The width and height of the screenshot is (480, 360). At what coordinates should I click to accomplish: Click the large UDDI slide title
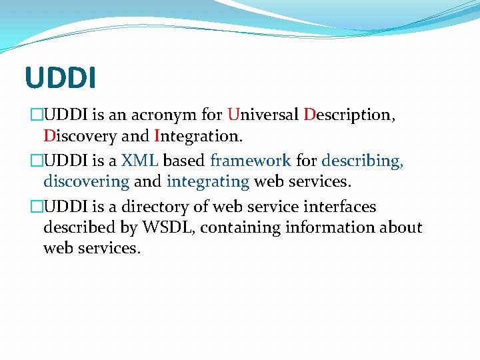pos(61,77)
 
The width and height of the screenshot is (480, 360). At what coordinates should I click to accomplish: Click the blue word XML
pos(139,161)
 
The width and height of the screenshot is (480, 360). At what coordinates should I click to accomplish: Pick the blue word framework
pos(250,161)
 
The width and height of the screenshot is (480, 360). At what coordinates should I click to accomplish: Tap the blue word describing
pos(362,161)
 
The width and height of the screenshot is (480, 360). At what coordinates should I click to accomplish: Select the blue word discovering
pos(86,181)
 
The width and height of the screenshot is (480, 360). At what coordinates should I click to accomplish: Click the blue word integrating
pos(208,181)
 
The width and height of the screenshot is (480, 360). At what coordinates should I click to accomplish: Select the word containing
pos(240,228)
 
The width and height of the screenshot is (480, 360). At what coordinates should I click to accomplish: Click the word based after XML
pos(183,161)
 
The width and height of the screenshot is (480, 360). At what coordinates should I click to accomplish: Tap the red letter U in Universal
pos(232,115)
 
